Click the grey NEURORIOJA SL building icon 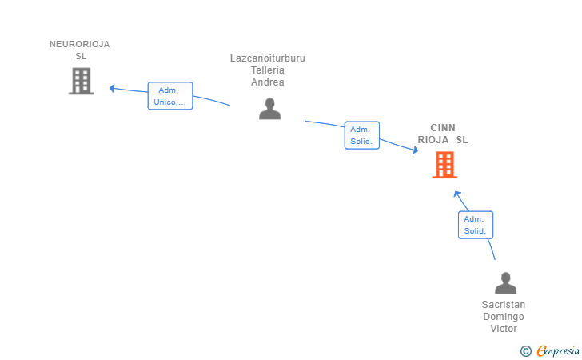click(81, 81)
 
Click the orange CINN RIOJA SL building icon click(444, 165)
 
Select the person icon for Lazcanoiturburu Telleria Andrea click(269, 109)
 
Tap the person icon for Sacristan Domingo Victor click(505, 283)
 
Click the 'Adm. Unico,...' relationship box click(170, 96)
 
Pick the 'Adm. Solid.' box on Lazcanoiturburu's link click(361, 135)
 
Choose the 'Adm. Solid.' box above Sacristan click(475, 225)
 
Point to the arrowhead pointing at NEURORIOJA click(113, 87)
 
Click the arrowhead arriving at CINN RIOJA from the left click(414, 150)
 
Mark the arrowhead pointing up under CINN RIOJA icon click(456, 194)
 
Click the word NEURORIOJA click(79, 45)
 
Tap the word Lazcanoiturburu click(268, 58)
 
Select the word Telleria click(268, 70)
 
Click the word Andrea click(268, 82)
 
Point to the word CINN click(443, 128)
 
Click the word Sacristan click(504, 305)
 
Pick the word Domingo click(504, 317)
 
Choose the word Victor click(504, 329)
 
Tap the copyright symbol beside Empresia click(526, 350)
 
